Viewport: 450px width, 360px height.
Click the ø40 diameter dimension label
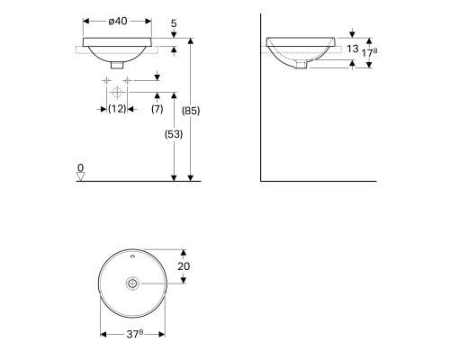click(x=118, y=22)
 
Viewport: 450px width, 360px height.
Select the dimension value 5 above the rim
click(x=174, y=23)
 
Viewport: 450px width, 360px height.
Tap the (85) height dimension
click(x=191, y=111)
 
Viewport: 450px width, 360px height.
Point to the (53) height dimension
click(x=174, y=134)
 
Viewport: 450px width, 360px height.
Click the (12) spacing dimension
click(x=117, y=109)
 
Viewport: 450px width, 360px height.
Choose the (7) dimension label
click(x=157, y=109)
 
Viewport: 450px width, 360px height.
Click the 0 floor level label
click(x=80, y=167)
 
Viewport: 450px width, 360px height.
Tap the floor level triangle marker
click(x=81, y=176)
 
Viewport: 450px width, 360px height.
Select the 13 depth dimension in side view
click(x=353, y=49)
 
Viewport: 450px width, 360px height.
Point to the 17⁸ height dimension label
click(x=369, y=52)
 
